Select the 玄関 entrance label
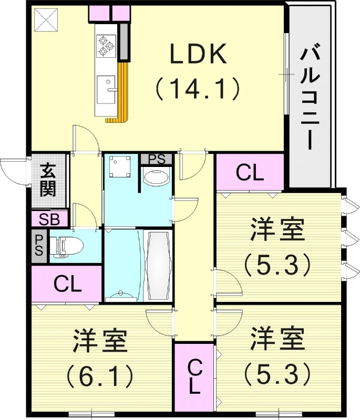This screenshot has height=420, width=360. [x=49, y=180]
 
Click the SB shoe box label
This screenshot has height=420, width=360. [x=49, y=219]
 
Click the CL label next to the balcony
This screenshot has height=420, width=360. [x=250, y=173]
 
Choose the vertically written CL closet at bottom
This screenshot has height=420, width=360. [x=193, y=376]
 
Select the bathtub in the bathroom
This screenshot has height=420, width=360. [x=157, y=266]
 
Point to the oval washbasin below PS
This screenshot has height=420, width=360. [x=156, y=177]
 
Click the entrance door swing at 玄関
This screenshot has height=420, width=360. [x=15, y=171]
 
